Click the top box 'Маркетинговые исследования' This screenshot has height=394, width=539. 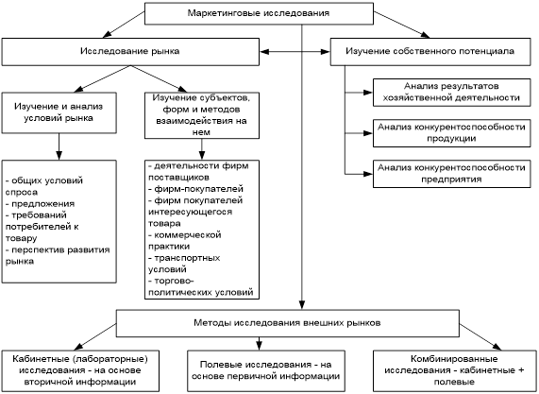click(259, 13)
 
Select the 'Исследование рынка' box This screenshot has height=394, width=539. click(130, 52)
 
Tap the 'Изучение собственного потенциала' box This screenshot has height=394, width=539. click(430, 52)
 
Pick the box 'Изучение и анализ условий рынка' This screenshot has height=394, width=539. click(59, 112)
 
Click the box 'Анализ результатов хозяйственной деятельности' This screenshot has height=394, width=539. click(452, 93)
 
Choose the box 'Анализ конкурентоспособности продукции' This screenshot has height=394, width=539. click(452, 133)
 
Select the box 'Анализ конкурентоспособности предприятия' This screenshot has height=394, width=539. click(452, 174)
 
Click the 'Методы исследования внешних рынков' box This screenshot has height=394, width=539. click(287, 323)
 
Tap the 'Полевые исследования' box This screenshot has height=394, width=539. click(266, 370)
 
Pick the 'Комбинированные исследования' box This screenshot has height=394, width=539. click(454, 370)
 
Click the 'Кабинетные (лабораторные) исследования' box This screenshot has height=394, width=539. click(80, 370)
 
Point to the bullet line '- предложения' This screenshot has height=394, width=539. click(40, 204)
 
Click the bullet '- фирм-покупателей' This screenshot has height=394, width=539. click(196, 189)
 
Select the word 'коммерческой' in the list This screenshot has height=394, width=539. click(188, 235)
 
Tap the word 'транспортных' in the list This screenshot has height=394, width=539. click(187, 258)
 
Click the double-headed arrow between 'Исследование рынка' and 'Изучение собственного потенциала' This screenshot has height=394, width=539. click(295, 52)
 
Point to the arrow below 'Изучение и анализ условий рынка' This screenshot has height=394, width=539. click(59, 147)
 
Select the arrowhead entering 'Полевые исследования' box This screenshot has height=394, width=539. click(260, 346)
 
